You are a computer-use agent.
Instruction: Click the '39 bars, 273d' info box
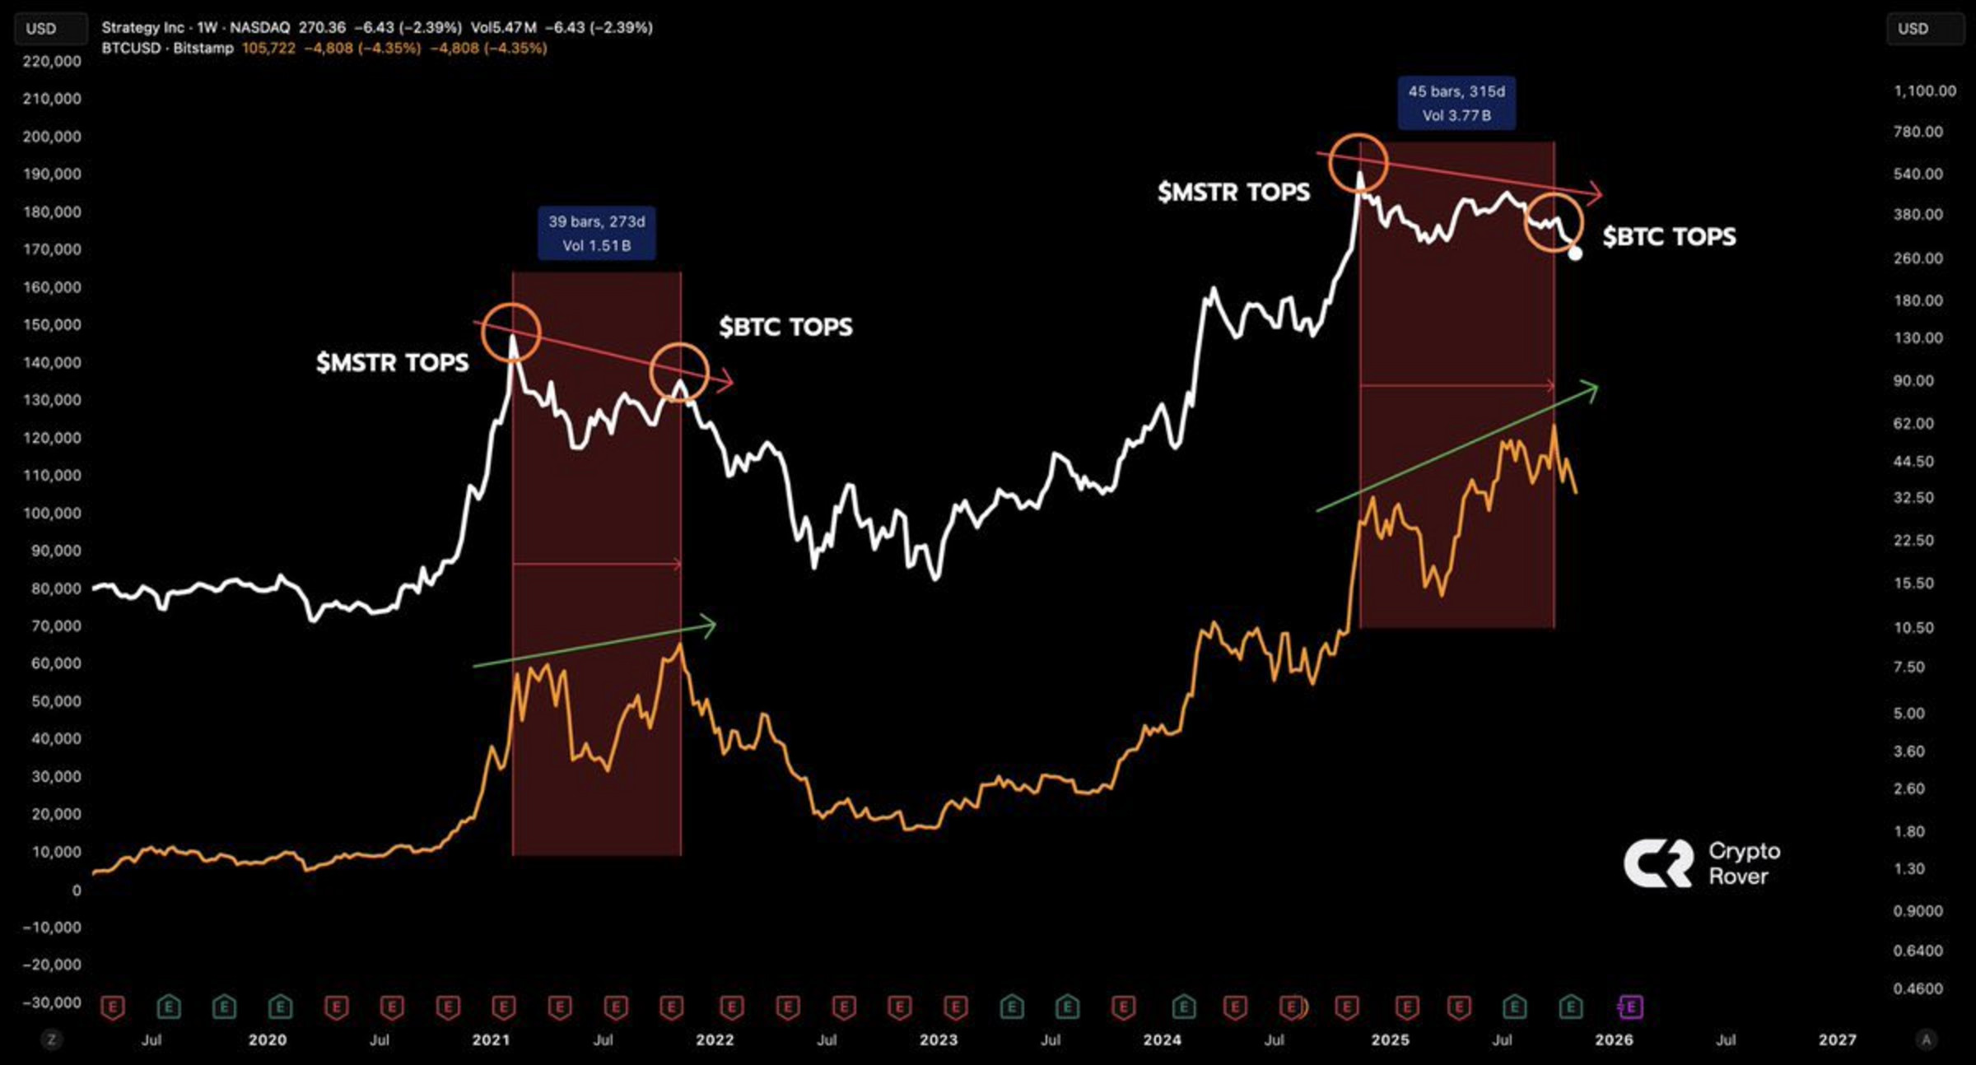(597, 233)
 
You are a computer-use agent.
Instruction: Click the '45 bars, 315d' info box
(1456, 103)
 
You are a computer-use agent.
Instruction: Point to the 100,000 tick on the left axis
(56, 513)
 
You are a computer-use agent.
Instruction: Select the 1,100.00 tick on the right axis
(1924, 91)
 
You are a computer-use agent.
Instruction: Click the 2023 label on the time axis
(939, 1039)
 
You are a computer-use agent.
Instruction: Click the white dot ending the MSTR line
(1575, 253)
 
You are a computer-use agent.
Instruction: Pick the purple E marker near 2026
(1630, 1007)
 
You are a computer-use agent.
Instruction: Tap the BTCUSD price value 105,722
(268, 48)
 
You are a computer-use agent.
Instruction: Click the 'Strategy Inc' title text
(142, 27)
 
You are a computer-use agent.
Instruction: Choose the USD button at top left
(41, 29)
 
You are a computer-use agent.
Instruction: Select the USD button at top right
(1913, 29)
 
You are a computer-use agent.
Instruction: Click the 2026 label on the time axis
(1614, 1039)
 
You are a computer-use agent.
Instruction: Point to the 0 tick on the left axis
(76, 890)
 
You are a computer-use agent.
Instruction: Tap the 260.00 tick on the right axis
(1918, 258)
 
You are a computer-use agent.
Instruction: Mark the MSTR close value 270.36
(322, 27)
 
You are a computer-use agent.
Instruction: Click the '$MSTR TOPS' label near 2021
(392, 362)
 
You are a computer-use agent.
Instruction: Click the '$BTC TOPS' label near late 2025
(1669, 237)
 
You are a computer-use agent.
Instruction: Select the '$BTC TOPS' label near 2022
(785, 327)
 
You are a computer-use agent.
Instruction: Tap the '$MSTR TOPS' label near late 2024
(1233, 192)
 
